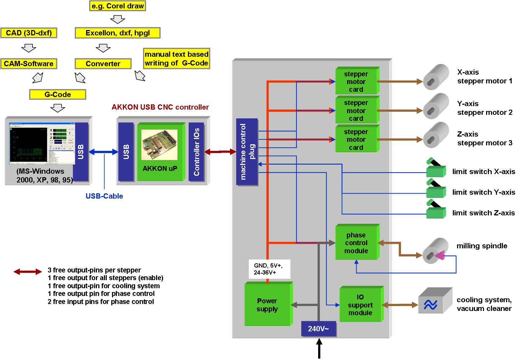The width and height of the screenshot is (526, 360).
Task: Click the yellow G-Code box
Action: click(58, 95)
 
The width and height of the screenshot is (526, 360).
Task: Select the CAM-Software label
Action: click(29, 64)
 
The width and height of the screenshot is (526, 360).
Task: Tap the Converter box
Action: click(103, 64)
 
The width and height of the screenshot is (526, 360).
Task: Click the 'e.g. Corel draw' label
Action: click(118, 6)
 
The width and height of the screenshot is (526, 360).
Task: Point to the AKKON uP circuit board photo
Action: click(160, 145)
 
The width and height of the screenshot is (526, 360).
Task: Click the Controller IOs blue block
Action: click(196, 152)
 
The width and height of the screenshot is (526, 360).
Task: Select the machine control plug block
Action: click(247, 152)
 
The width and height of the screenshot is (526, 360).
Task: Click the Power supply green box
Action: click(268, 305)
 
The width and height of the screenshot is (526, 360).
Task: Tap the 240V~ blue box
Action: click(318, 329)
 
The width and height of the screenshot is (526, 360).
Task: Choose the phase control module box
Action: click(356, 243)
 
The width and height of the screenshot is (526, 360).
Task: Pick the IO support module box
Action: click(360, 305)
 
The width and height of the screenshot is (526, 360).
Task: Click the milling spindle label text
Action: click(482, 246)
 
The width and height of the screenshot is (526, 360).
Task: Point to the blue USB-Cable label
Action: click(104, 196)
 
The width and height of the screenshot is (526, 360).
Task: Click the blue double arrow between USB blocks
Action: click(104, 152)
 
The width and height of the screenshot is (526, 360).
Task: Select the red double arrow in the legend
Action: click(28, 271)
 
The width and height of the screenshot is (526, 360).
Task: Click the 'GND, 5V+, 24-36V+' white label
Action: click(269, 269)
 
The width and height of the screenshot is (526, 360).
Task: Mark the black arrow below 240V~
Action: click(319, 348)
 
